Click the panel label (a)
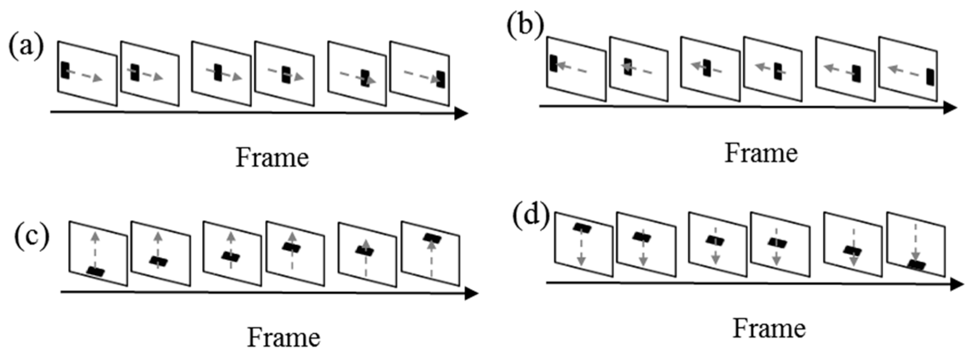pos(26,46)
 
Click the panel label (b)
pos(525,26)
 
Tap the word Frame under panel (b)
pos(761,153)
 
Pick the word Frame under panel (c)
pos(284,337)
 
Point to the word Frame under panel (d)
pos(768,329)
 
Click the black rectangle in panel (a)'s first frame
pos(64,70)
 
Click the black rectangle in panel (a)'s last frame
pos(441,79)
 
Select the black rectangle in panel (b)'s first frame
pos(553,63)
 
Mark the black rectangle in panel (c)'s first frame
pos(96,271)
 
